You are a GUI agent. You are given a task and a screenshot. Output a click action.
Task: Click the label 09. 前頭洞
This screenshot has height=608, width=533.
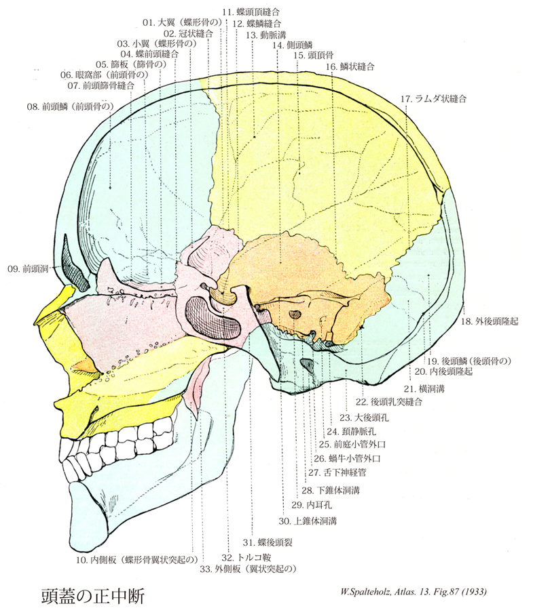click(27, 268)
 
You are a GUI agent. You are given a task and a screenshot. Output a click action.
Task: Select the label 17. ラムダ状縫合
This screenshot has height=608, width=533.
click(433, 99)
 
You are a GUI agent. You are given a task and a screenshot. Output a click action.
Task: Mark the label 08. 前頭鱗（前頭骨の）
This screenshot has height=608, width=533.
click(73, 106)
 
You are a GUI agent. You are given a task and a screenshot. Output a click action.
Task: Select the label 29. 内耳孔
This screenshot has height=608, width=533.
click(314, 504)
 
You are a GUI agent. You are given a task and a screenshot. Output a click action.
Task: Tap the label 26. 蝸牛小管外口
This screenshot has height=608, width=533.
click(348, 458)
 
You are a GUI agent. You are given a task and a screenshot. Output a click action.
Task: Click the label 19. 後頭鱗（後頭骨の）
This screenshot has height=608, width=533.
click(466, 361)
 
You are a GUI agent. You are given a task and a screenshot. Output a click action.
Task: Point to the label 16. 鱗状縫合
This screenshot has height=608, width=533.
click(350, 67)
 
